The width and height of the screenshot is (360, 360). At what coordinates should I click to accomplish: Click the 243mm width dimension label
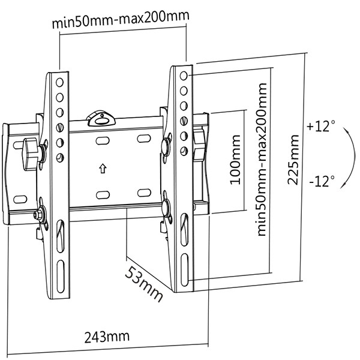tap(107, 337)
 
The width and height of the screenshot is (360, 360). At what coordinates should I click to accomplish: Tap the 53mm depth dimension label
tap(144, 284)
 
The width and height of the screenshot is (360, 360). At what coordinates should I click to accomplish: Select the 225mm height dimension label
tap(293, 160)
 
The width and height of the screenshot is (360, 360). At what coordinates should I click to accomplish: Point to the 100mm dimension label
tap(235, 160)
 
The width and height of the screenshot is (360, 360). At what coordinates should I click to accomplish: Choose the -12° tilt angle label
tap(322, 181)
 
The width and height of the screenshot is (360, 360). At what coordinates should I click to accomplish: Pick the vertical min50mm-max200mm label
tap(261, 160)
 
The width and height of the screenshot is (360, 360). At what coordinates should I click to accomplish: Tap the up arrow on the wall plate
tap(103, 169)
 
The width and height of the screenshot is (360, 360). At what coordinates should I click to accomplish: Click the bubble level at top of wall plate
tap(101, 118)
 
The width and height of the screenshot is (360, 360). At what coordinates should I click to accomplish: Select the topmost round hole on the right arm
tap(184, 76)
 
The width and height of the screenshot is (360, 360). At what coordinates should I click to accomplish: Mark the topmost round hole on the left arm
tap(59, 82)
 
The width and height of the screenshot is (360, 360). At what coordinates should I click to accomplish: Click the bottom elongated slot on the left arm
tap(61, 277)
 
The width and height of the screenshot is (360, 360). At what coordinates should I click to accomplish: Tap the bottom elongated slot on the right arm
tap(184, 269)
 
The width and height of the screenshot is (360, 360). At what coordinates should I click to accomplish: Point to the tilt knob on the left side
tap(31, 154)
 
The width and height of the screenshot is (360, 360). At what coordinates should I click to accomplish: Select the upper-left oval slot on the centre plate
tap(103, 140)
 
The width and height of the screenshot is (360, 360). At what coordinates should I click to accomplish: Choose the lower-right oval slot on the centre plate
tap(144, 193)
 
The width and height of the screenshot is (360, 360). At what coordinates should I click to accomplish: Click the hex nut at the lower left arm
tap(38, 214)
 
